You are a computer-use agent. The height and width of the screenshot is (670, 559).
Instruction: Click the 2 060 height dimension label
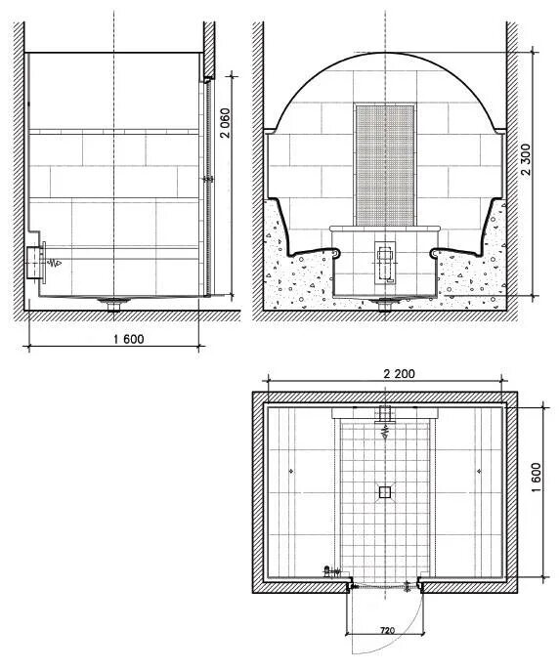tap(225, 123)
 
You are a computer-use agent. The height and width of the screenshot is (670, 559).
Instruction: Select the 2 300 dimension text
tap(526, 159)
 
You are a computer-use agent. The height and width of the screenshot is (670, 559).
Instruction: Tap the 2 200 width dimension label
tap(399, 374)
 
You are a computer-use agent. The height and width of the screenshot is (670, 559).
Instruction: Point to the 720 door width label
tap(387, 630)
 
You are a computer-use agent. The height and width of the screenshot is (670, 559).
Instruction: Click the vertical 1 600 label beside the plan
tap(537, 477)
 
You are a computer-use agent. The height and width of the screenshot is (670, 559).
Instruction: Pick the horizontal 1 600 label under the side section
tap(129, 339)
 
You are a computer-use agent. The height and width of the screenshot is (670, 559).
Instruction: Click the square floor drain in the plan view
tap(385, 492)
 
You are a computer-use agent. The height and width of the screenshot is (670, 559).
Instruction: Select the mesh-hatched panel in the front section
tap(385, 164)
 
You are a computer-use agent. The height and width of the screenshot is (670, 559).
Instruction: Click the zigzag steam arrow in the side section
tap(55, 263)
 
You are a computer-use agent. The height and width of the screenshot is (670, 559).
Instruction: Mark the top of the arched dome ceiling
tap(386, 53)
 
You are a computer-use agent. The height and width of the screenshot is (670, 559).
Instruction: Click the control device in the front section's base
tap(385, 263)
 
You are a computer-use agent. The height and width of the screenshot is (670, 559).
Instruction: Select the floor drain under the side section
tap(113, 304)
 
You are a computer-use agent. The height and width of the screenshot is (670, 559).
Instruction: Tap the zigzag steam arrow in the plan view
tap(385, 433)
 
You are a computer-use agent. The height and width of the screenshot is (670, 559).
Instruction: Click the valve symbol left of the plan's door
tap(329, 571)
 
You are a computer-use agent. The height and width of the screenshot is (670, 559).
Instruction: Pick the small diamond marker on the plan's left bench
tap(291, 471)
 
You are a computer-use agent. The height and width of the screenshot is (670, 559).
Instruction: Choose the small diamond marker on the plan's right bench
tap(479, 471)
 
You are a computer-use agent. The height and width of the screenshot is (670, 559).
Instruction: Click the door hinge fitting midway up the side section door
tap(208, 180)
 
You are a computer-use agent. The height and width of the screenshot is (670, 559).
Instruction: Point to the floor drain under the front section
tap(385, 304)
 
